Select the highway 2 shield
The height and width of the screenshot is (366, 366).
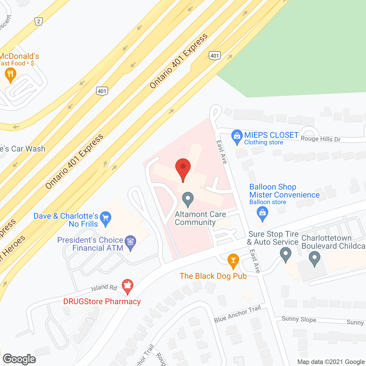point(39,21)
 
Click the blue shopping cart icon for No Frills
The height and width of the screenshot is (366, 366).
point(106,218)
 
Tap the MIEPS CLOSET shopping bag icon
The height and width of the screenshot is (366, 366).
point(237,137)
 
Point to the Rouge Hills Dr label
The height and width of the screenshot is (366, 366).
point(321,139)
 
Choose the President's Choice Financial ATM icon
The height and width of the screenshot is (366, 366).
point(130,242)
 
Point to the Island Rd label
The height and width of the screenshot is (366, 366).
point(104,288)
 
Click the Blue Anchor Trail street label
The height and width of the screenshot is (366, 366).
point(238,314)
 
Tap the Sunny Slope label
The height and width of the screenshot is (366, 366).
point(299,319)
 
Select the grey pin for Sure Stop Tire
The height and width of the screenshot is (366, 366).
point(285,254)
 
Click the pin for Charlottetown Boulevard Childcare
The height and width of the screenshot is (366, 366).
point(315,258)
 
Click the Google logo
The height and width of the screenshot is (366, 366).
point(19,359)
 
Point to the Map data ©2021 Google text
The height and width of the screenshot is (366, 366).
point(331,362)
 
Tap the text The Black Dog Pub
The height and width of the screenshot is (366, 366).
point(213,276)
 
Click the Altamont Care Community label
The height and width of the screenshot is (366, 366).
point(200,218)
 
